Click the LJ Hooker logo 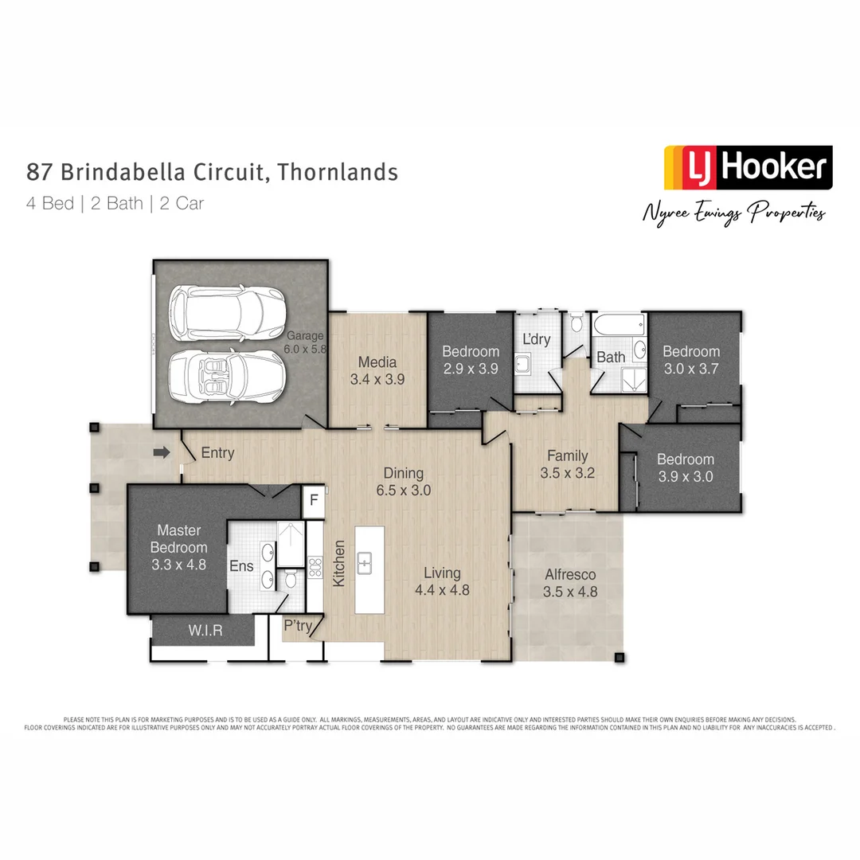click(748, 167)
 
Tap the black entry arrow click(162, 452)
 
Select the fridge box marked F click(314, 501)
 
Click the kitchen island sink click(365, 563)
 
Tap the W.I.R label click(205, 631)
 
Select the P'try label click(298, 626)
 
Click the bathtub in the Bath click(619, 325)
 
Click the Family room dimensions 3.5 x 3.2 click(567, 472)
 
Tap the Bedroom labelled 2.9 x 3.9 click(471, 360)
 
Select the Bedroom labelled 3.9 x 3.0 click(685, 468)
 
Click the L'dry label click(536, 339)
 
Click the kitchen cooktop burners click(315, 567)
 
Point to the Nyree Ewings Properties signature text click(733, 212)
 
